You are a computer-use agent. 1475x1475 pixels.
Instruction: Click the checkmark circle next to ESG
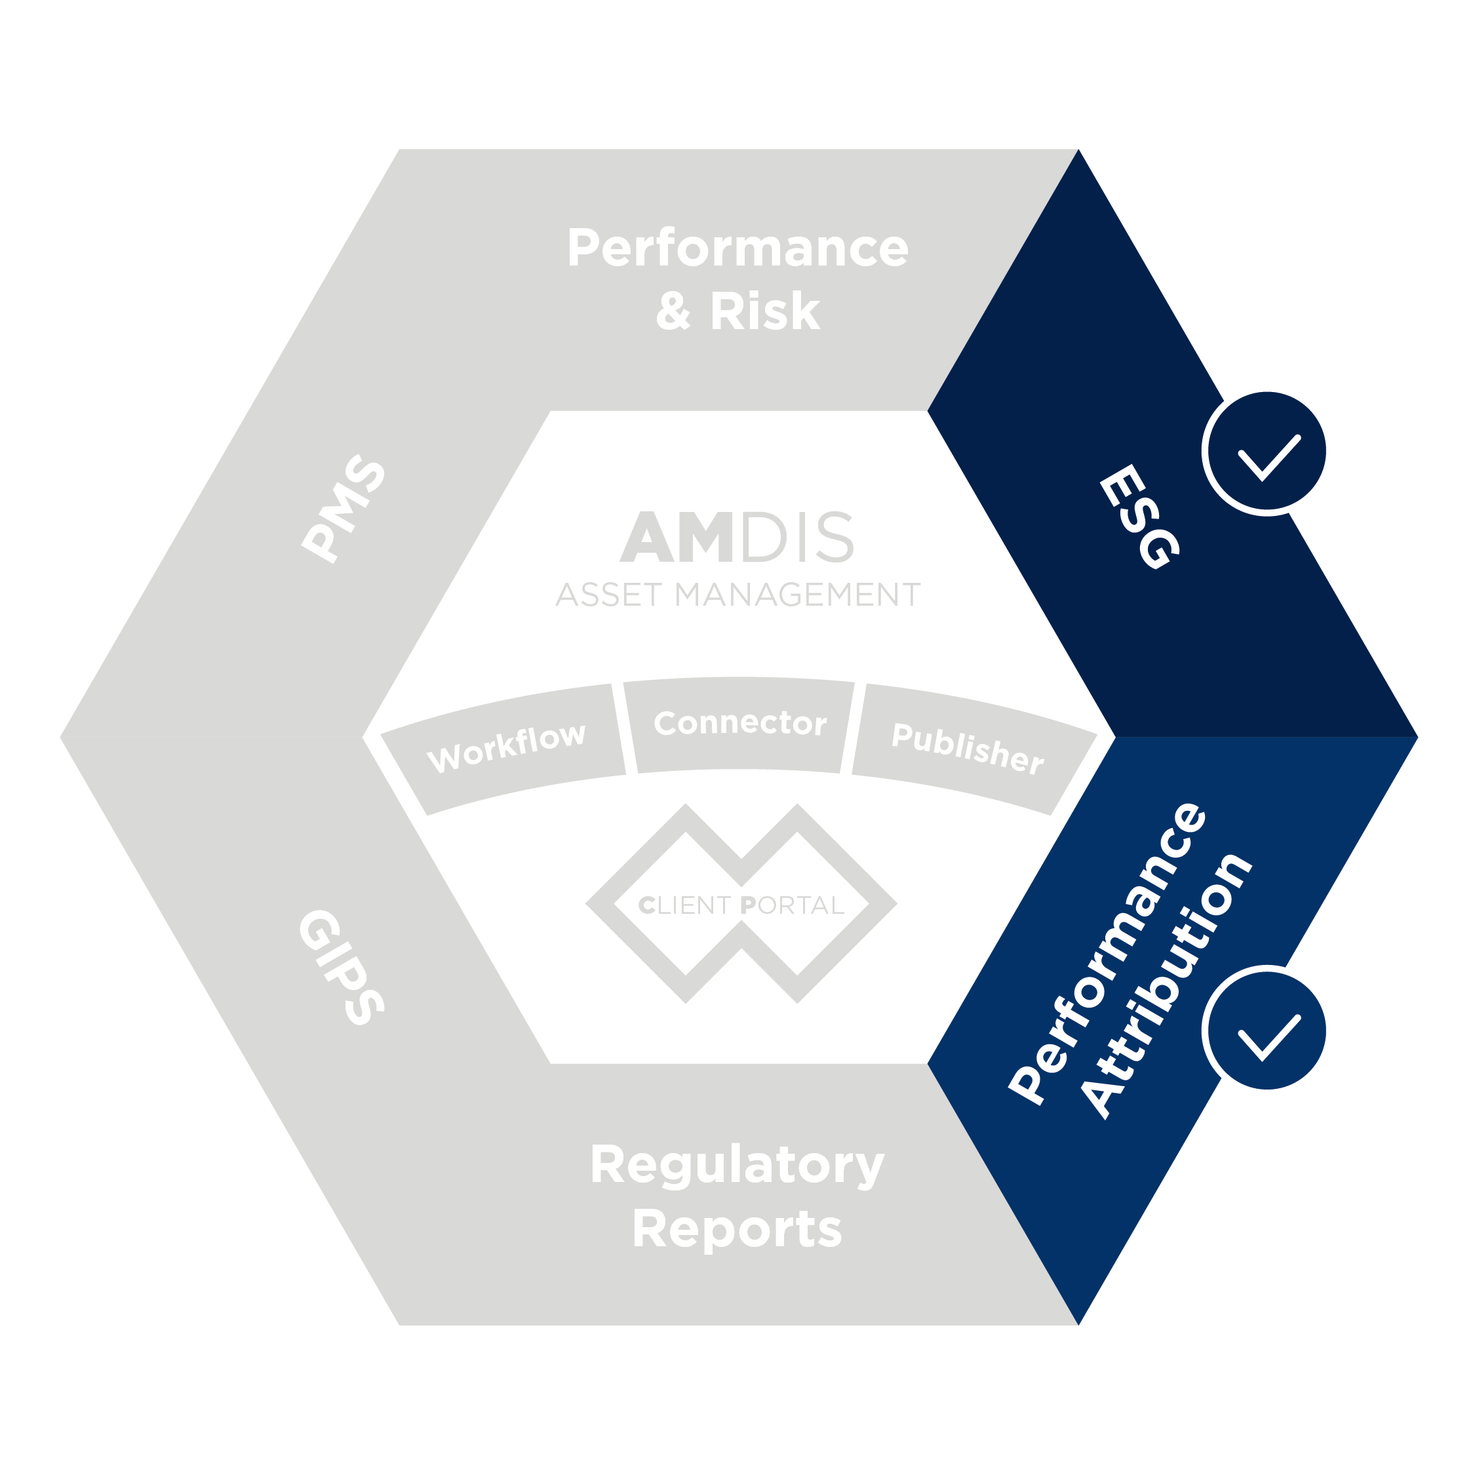[x=1267, y=454]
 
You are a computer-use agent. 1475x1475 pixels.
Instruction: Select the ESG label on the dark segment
[x=1140, y=517]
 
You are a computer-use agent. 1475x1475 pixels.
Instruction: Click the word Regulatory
[x=737, y=1165]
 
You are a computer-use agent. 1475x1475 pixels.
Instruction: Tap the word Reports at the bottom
[x=737, y=1229]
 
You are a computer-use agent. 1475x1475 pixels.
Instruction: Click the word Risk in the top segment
[x=765, y=311]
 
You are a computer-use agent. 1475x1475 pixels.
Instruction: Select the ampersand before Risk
[x=673, y=312]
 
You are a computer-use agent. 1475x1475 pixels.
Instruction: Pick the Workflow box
[x=506, y=747]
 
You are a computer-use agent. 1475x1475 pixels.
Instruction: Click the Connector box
[x=739, y=723]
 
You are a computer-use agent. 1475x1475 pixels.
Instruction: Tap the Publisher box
[x=968, y=748]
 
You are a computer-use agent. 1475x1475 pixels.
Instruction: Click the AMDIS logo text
[x=737, y=538]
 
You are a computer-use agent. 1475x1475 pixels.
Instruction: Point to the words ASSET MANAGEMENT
[x=737, y=595]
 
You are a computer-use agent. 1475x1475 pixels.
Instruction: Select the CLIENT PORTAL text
[x=741, y=905]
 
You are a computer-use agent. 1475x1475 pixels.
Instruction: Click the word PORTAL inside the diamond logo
[x=792, y=905]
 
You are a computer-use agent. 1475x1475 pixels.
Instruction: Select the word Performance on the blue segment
[x=1108, y=954]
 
